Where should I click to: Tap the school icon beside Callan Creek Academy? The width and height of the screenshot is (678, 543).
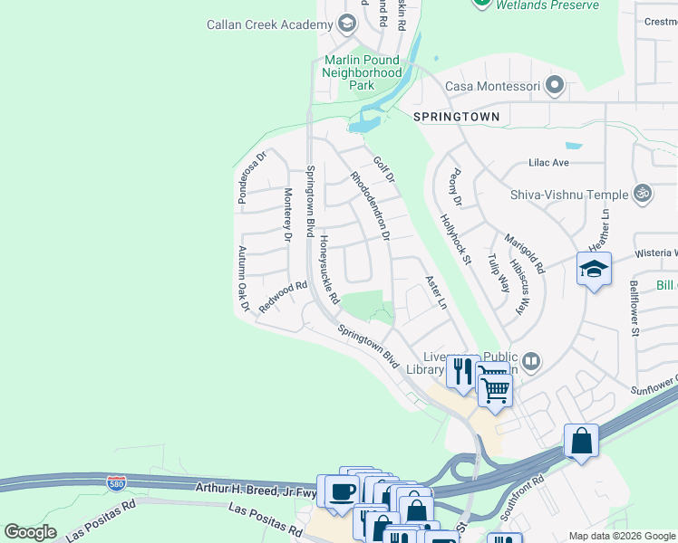pos(345,24)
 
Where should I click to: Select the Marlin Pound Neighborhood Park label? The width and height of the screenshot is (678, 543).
pos(363,72)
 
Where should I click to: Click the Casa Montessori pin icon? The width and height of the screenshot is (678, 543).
pos(556,87)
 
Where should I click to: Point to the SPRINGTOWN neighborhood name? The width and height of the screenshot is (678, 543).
pos(456,118)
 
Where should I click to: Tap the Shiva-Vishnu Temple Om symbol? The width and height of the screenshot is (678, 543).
pos(643,194)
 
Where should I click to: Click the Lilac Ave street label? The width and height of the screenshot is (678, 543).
pos(548,163)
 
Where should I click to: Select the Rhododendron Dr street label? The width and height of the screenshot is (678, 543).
pos(370,206)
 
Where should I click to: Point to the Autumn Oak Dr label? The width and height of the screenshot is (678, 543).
pos(243,280)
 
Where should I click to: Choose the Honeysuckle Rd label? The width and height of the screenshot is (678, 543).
pos(328,270)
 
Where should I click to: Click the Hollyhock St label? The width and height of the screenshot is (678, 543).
pos(456,239)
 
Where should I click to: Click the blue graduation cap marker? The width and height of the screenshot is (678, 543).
pos(595,270)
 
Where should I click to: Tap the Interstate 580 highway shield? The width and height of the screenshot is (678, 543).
pos(116,484)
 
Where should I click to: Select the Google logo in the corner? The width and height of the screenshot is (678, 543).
pos(30,532)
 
